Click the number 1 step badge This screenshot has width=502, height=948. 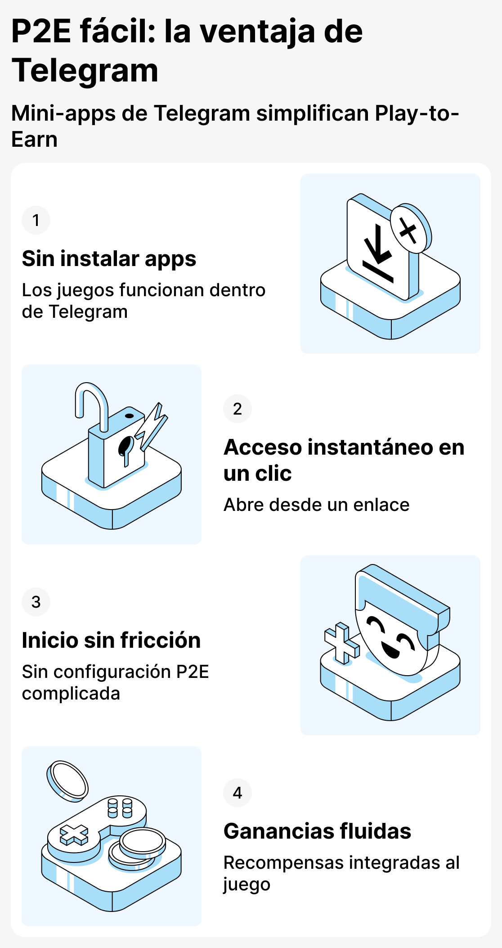pyautogui.click(x=36, y=220)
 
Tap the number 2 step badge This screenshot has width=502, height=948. pyautogui.click(x=237, y=409)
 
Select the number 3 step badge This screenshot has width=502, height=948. pyautogui.click(x=36, y=602)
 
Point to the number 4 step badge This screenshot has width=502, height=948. pyautogui.click(x=237, y=793)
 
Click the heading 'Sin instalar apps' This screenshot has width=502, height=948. pyautogui.click(x=109, y=259)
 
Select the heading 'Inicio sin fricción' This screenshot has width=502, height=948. pyautogui.click(x=111, y=640)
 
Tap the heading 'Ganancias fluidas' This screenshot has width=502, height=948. pyautogui.click(x=317, y=831)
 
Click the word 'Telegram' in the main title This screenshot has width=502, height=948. pyautogui.click(x=85, y=71)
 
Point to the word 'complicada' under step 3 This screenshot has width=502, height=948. pyautogui.click(x=71, y=694)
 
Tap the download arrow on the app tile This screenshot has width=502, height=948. pyautogui.click(x=378, y=252)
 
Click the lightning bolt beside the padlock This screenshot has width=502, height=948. pyautogui.click(x=152, y=425)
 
